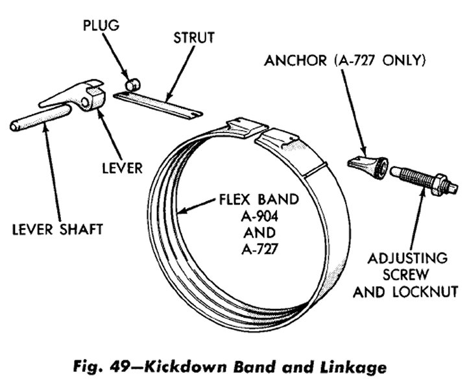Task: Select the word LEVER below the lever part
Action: (x=121, y=168)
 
